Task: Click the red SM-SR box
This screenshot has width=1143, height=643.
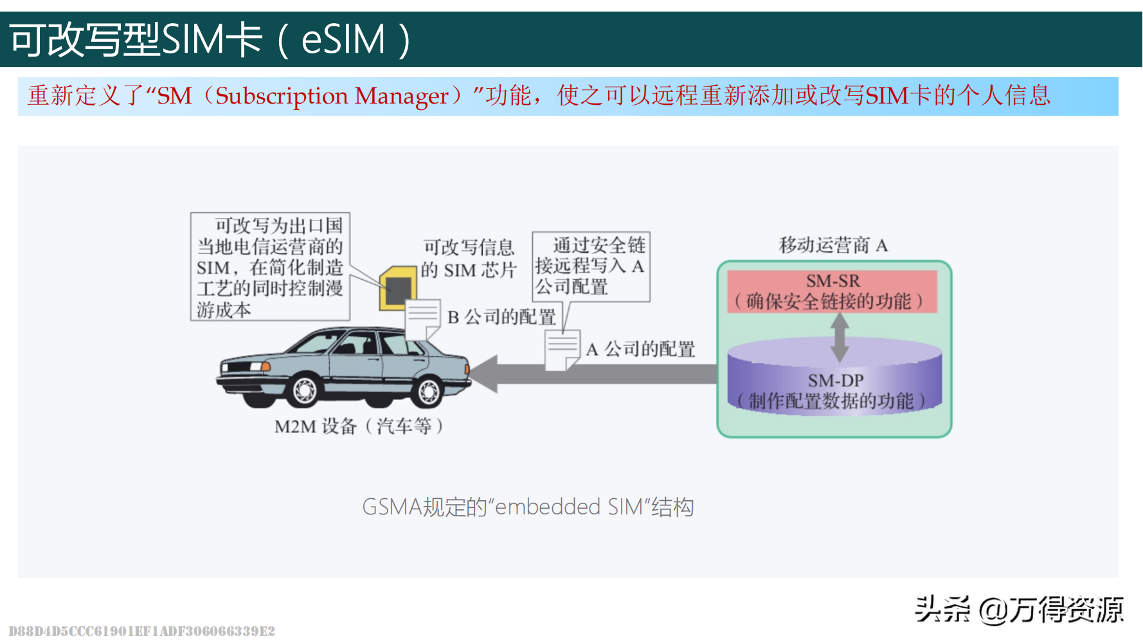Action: coord(832,291)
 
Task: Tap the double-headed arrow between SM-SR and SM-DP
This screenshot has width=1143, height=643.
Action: coord(839,337)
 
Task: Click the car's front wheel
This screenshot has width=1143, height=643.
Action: coord(304,389)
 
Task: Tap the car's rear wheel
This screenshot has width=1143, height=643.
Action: coord(428,390)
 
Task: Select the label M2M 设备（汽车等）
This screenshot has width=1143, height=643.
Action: coord(359,426)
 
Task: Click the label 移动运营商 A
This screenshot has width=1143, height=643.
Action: coord(833,245)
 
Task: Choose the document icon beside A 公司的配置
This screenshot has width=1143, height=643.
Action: coord(562,350)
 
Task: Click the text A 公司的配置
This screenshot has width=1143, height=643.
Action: coord(640,349)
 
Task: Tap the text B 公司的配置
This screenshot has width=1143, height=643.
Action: coord(501,317)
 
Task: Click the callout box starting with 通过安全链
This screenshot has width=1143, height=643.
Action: coord(591,266)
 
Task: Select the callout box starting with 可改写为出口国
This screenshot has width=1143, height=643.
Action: coord(270,267)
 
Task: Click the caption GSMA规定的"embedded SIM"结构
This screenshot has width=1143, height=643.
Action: coord(528,507)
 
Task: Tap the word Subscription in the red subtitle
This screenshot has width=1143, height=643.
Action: coord(282,96)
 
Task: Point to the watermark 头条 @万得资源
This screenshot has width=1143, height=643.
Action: coord(1018,609)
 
